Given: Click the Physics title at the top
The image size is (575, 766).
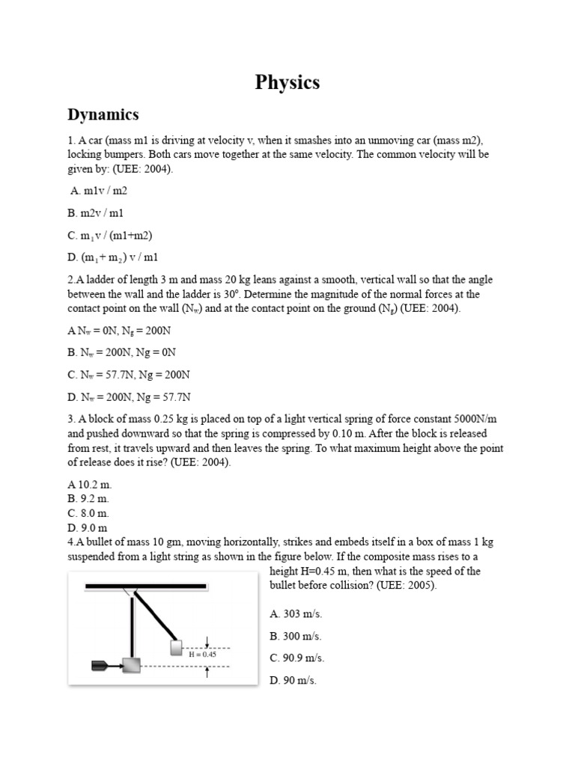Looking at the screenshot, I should tap(287, 82).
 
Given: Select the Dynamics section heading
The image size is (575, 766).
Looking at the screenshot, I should tap(103, 114).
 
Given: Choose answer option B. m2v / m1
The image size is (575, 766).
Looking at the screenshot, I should tap(97, 213).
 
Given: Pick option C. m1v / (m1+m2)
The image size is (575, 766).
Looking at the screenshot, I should tap(109, 236).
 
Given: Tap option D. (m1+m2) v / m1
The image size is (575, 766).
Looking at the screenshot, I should tap(113, 257).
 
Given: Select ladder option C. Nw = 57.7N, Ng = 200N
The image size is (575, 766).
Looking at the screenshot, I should tap(129, 374).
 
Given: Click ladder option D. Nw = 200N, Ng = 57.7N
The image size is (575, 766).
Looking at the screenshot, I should tap(129, 396).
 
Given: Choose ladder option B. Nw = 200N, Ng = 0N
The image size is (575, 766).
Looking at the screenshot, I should tap(122, 352).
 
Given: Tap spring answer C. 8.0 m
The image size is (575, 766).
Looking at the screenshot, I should tap(88, 513).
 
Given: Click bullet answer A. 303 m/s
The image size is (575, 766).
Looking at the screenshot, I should tap(296, 614).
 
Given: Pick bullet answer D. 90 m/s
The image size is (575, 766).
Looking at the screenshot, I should tap(293, 681).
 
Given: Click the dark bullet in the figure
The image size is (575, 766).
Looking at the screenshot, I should tap(100, 664).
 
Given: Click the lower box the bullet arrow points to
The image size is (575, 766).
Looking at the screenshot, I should tap(132, 665).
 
